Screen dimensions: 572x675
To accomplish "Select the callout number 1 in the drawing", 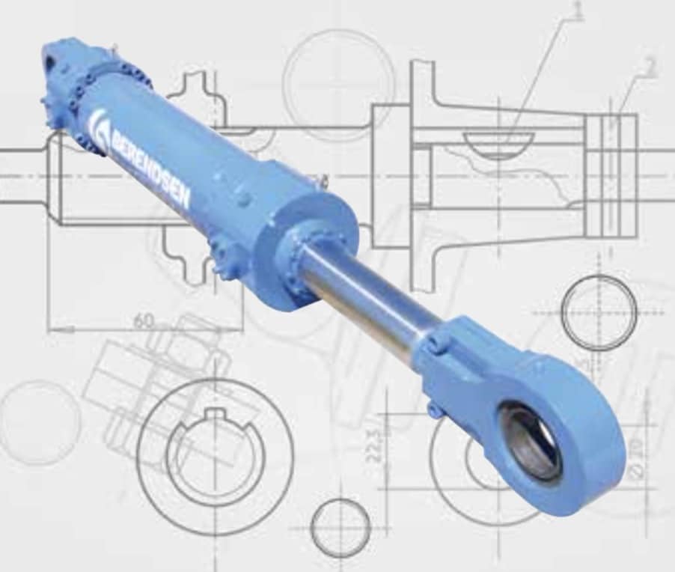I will point(576,10).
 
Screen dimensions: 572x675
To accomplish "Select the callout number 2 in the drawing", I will point(650,67).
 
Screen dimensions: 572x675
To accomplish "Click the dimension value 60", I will point(144,321).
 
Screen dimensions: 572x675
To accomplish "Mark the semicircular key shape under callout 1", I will point(498,144).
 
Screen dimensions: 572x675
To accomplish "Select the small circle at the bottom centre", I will point(340,528).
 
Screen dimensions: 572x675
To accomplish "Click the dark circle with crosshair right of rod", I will point(599,311).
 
